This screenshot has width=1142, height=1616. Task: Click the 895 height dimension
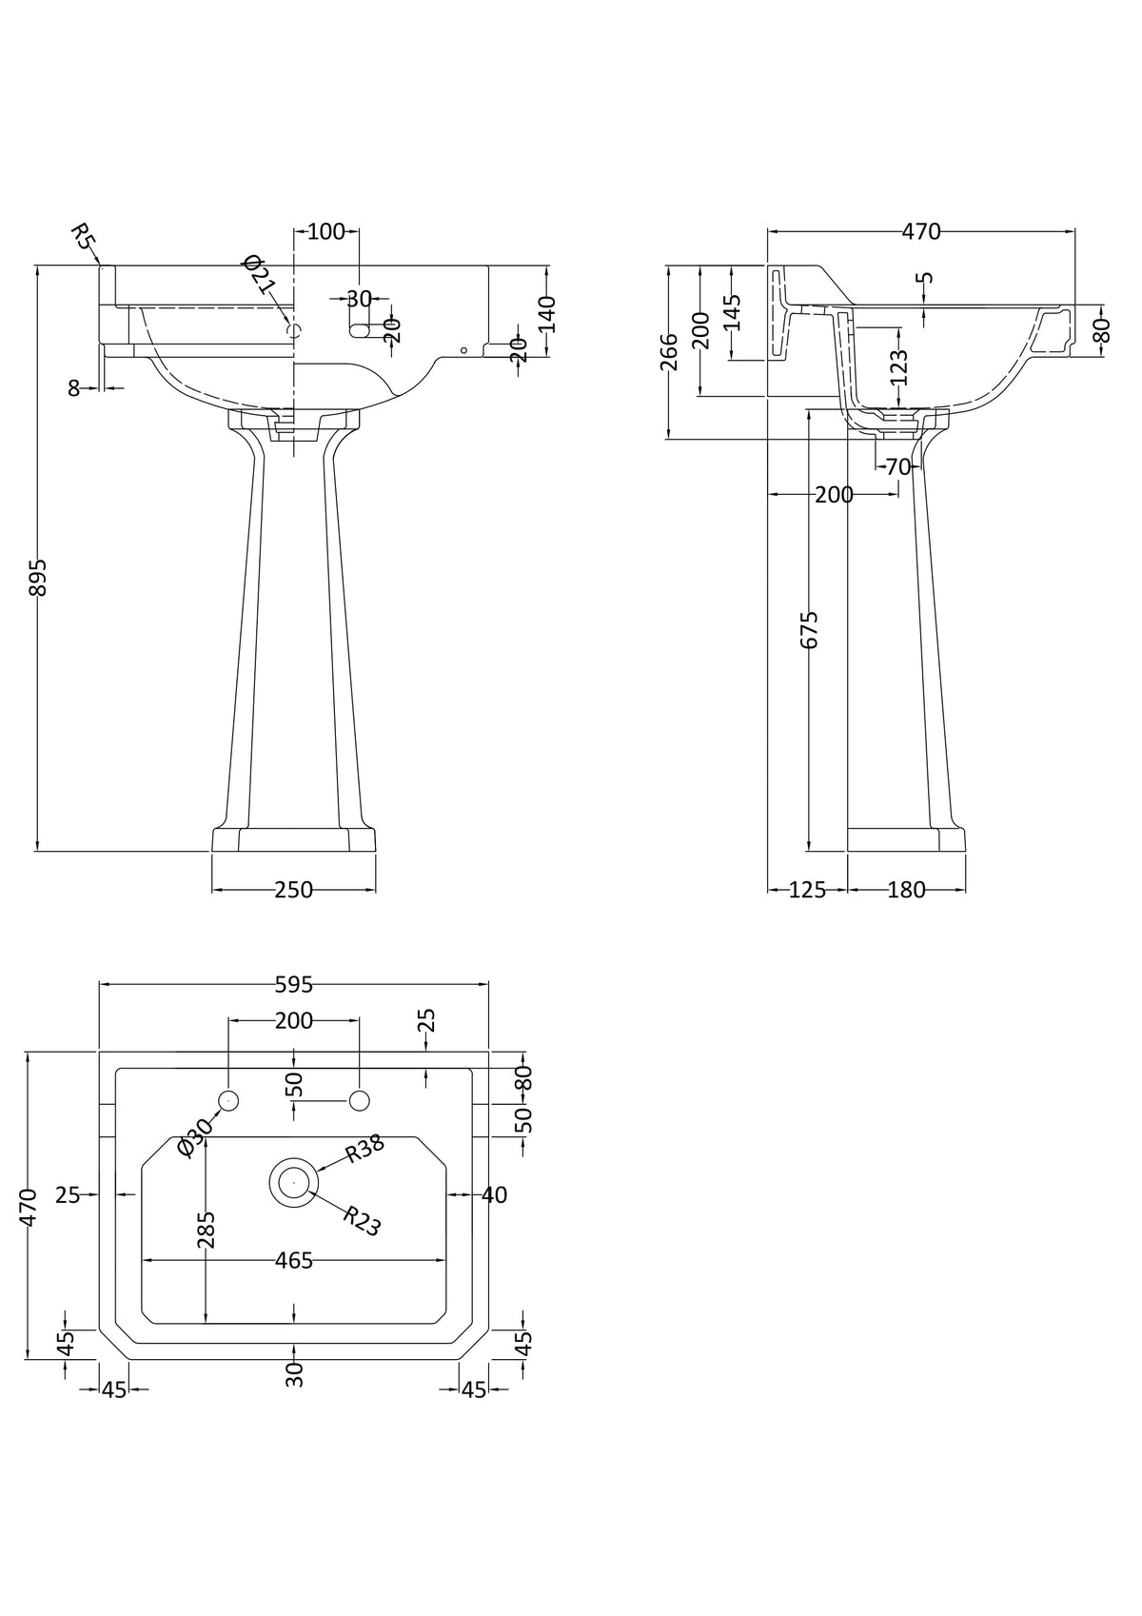37,577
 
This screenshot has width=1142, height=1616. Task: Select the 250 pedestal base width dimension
293,891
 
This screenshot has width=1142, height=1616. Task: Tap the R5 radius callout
84,237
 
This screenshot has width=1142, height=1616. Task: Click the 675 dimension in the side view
809,629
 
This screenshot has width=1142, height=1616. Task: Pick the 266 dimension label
669,351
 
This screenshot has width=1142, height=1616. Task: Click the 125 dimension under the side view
807,891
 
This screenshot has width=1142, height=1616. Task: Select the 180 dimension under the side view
906,891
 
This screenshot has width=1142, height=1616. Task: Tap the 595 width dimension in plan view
293,986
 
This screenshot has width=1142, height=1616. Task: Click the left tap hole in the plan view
228,1101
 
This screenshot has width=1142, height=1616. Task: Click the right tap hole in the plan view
359,1101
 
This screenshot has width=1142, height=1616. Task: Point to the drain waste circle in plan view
293,1181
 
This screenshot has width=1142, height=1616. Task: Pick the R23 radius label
362,1221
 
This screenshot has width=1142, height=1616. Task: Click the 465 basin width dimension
293,1261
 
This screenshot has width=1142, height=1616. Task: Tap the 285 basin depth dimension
207,1229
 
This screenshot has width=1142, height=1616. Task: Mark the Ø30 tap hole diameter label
195,1137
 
